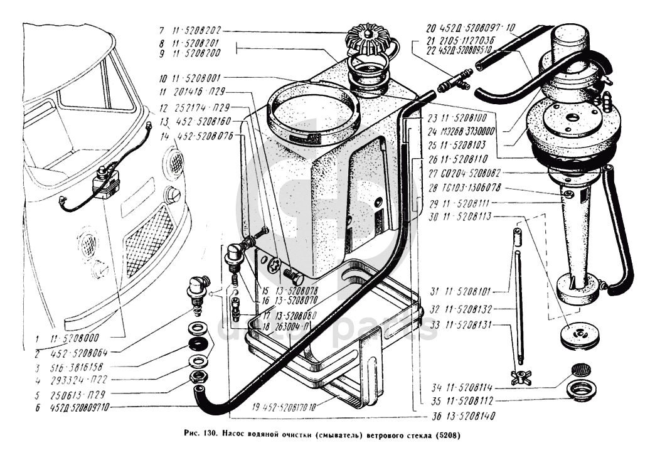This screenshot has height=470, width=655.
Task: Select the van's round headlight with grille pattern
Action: pyautogui.click(x=173, y=162)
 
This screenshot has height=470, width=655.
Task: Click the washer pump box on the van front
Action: pyautogui.click(x=105, y=183)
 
